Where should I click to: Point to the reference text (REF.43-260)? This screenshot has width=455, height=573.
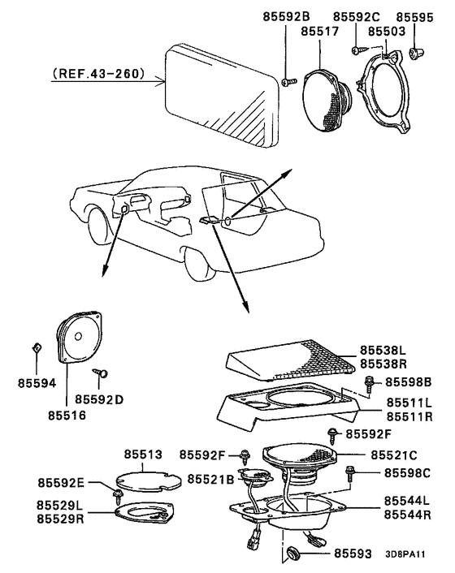pyautogui.click(x=97, y=74)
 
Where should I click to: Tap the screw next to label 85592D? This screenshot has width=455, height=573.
pyautogui.click(x=102, y=373)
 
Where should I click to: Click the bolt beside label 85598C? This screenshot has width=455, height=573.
pyautogui.click(x=351, y=472)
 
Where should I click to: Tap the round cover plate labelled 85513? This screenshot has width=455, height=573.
pyautogui.click(x=149, y=480)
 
